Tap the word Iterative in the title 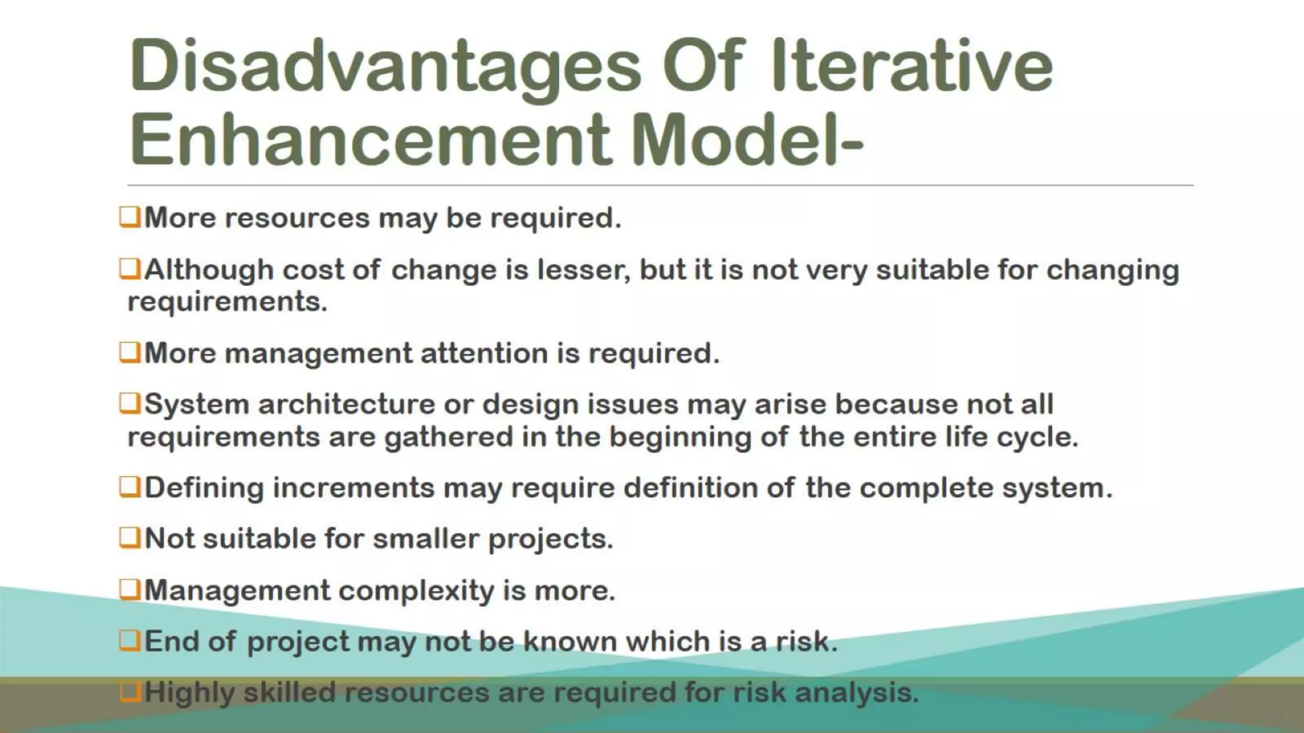pos(911,66)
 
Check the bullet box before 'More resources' pos(129,217)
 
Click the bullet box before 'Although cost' pos(129,269)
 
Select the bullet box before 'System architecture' pos(129,403)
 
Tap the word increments pos(353,488)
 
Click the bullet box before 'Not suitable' pos(129,538)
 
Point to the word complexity pos(416,591)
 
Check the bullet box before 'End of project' pos(129,641)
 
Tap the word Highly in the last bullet pos(189,693)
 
